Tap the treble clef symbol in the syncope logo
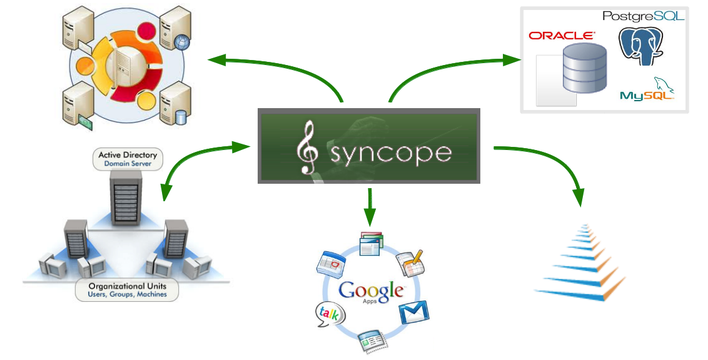(x=307, y=148)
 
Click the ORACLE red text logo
(x=562, y=36)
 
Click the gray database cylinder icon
(x=584, y=67)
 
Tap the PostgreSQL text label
(x=643, y=16)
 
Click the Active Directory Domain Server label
(x=128, y=159)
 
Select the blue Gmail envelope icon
(x=415, y=311)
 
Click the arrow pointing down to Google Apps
(x=370, y=206)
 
